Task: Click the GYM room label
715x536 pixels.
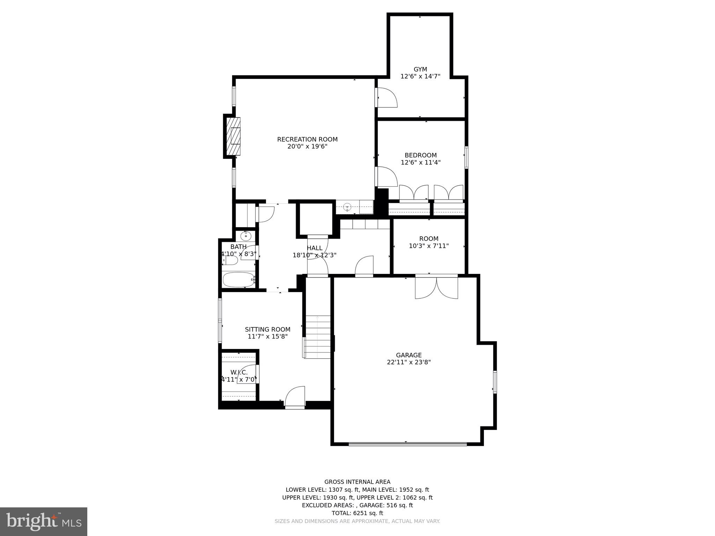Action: pyautogui.click(x=420, y=69)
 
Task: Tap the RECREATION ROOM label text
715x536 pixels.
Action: pyautogui.click(x=307, y=139)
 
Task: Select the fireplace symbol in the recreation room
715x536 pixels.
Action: pyautogui.click(x=234, y=136)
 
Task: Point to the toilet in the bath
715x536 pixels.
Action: pyautogui.click(x=230, y=260)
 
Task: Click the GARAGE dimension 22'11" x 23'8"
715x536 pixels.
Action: pyautogui.click(x=408, y=362)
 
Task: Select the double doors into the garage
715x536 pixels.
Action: pyautogui.click(x=436, y=287)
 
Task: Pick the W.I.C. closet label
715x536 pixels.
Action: pyautogui.click(x=239, y=372)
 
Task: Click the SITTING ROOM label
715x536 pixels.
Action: pyautogui.click(x=267, y=329)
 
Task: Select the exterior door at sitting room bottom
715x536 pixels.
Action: pyautogui.click(x=295, y=398)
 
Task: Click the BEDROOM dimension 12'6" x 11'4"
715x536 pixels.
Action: pyautogui.click(x=420, y=162)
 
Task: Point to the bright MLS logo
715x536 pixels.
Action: pyautogui.click(x=44, y=521)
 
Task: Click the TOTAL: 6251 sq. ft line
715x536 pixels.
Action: pyautogui.click(x=357, y=513)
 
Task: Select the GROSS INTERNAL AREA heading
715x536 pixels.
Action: pyautogui.click(x=357, y=482)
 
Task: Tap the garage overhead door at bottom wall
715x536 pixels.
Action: pyautogui.click(x=407, y=444)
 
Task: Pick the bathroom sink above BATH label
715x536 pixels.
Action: pyautogui.click(x=246, y=236)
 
